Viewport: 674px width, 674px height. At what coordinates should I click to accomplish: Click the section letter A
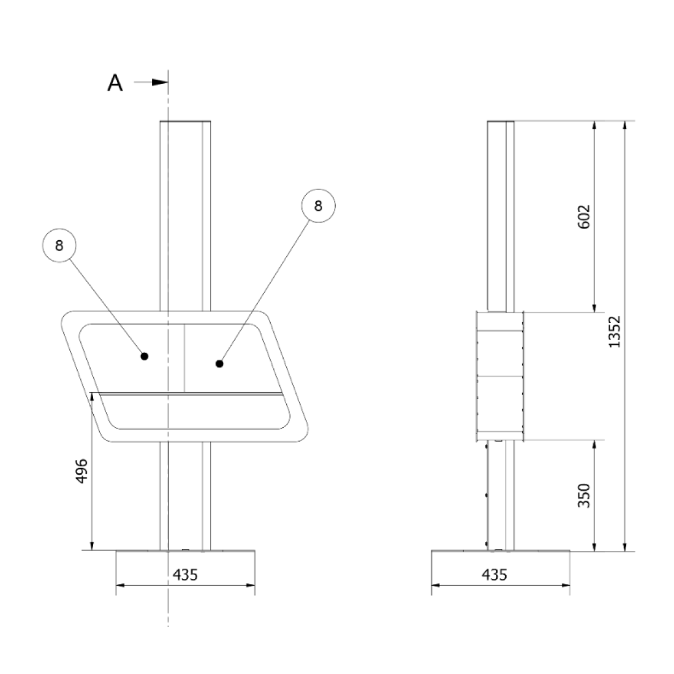pyautogui.click(x=115, y=83)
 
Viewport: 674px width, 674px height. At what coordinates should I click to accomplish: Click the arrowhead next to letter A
pyautogui.click(x=160, y=82)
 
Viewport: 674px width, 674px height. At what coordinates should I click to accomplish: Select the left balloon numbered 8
pyautogui.click(x=59, y=245)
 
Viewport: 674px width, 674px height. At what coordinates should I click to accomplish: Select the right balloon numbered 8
pyautogui.click(x=318, y=206)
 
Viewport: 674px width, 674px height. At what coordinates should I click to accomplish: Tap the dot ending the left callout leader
pyautogui.click(x=145, y=356)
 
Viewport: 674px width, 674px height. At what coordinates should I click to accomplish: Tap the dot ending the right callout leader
pyautogui.click(x=219, y=363)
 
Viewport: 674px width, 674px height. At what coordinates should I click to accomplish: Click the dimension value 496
pyautogui.click(x=81, y=471)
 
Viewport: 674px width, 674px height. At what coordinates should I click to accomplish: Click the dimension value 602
pyautogui.click(x=584, y=217)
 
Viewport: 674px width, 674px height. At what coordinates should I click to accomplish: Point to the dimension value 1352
pyautogui.click(x=615, y=332)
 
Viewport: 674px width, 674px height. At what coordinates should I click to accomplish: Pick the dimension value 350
pyautogui.click(x=584, y=496)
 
